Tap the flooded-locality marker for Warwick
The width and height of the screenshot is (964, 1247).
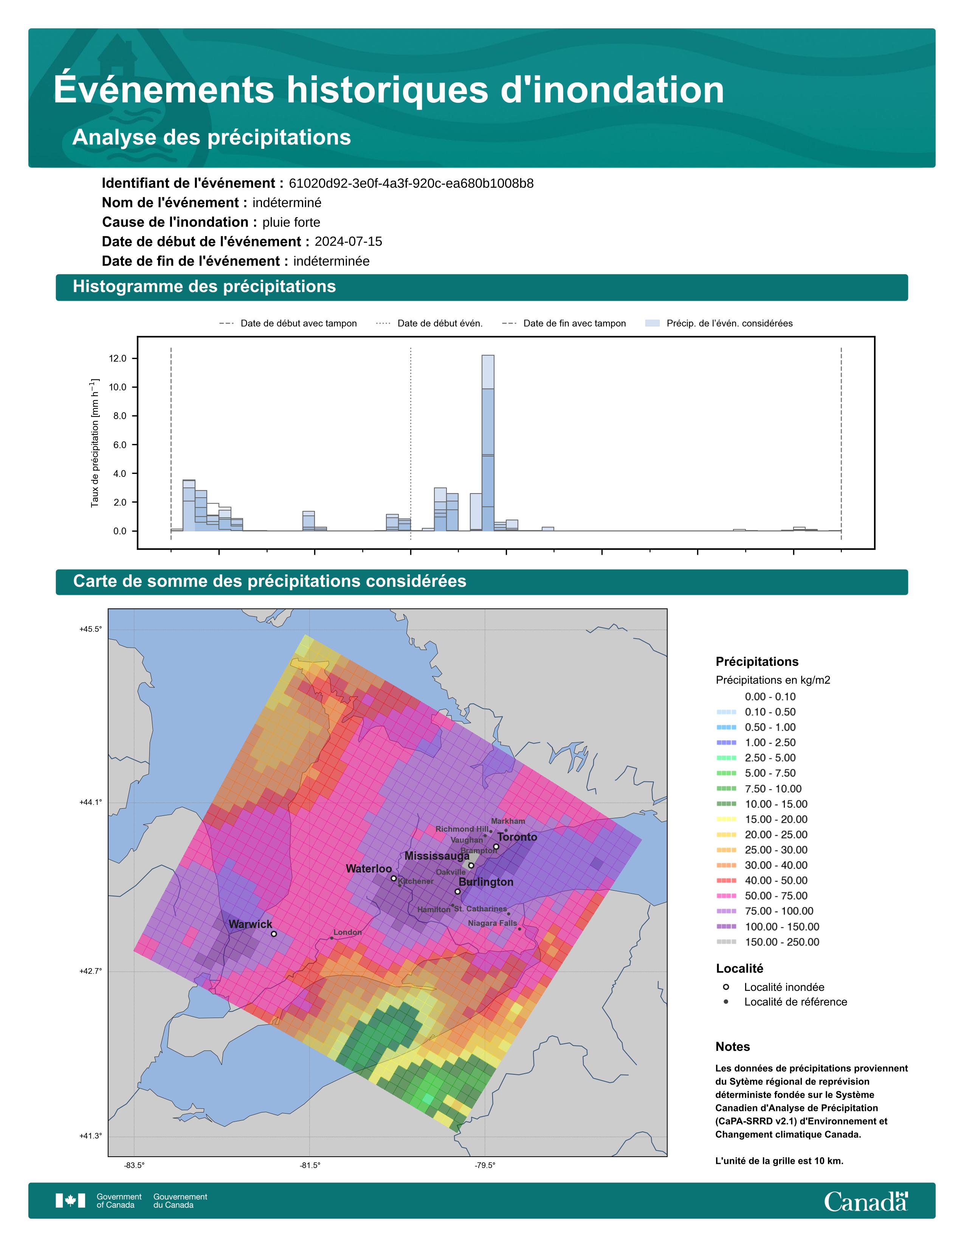[x=274, y=934]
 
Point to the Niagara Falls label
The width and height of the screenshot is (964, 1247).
[x=492, y=923]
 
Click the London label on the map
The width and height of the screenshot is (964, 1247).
[x=347, y=932]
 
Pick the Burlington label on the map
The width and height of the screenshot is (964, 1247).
[x=486, y=882]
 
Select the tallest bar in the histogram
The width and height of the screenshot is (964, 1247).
[x=488, y=443]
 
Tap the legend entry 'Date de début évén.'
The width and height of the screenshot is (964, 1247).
[x=429, y=323]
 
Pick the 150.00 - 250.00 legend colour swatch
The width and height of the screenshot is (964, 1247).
[x=726, y=942]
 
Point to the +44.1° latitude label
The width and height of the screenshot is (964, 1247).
[x=91, y=802]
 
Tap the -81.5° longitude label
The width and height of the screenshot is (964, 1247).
[x=310, y=1165]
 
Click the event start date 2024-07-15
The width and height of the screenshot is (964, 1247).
[x=349, y=241]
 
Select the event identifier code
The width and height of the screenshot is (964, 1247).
[x=411, y=183]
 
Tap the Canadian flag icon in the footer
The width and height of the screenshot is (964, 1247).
[x=70, y=1201]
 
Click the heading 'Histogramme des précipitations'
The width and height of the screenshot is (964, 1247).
[x=205, y=287]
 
